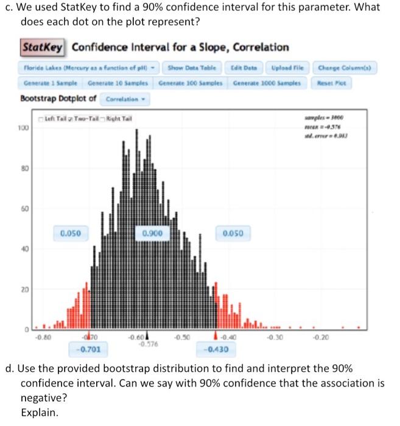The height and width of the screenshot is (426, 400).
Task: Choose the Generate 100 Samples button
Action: click(x=184, y=82)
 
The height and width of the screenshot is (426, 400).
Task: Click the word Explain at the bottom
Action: click(x=38, y=412)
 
